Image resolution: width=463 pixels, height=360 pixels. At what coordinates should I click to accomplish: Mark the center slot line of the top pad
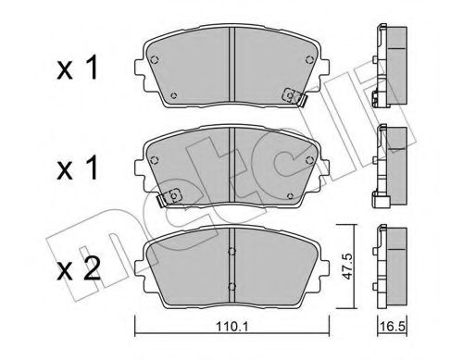tap(231, 65)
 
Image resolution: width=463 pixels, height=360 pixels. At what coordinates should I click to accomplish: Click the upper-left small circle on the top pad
tap(156, 61)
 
